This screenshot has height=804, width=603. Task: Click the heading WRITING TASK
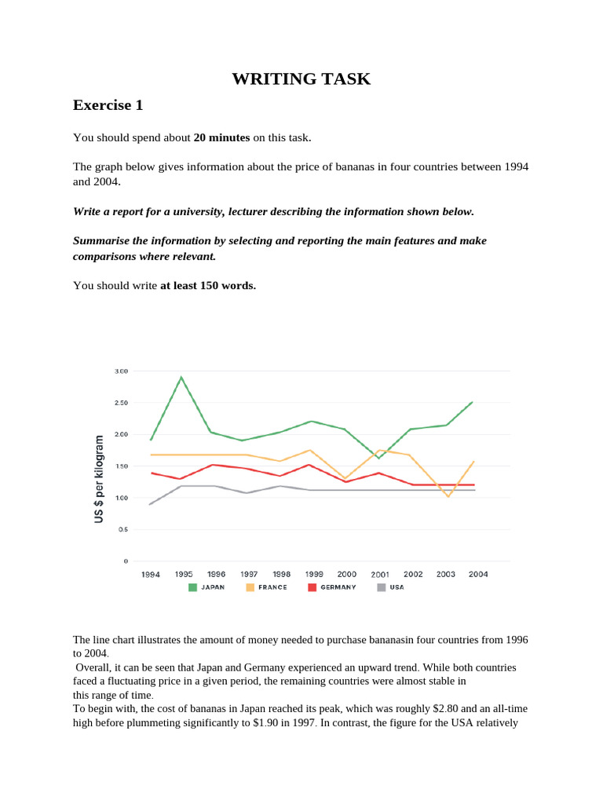[301, 79]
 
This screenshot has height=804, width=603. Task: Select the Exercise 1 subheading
[108, 104]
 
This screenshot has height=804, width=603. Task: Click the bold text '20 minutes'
[221, 137]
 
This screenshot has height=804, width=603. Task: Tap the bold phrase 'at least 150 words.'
[208, 285]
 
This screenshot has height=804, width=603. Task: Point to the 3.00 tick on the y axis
[121, 371]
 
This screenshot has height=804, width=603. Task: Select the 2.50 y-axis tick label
[121, 403]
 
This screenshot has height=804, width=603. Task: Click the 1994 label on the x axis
[151, 574]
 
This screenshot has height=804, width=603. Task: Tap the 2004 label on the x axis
[478, 574]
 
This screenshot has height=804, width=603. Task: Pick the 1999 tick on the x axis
[314, 574]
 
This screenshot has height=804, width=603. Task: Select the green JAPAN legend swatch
[192, 587]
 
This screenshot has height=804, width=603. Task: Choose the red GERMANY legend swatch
[312, 587]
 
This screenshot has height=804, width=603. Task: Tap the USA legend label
[397, 587]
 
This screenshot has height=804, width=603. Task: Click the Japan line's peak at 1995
[182, 378]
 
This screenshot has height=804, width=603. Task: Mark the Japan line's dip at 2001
[379, 458]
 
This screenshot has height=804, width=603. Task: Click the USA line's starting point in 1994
[150, 504]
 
